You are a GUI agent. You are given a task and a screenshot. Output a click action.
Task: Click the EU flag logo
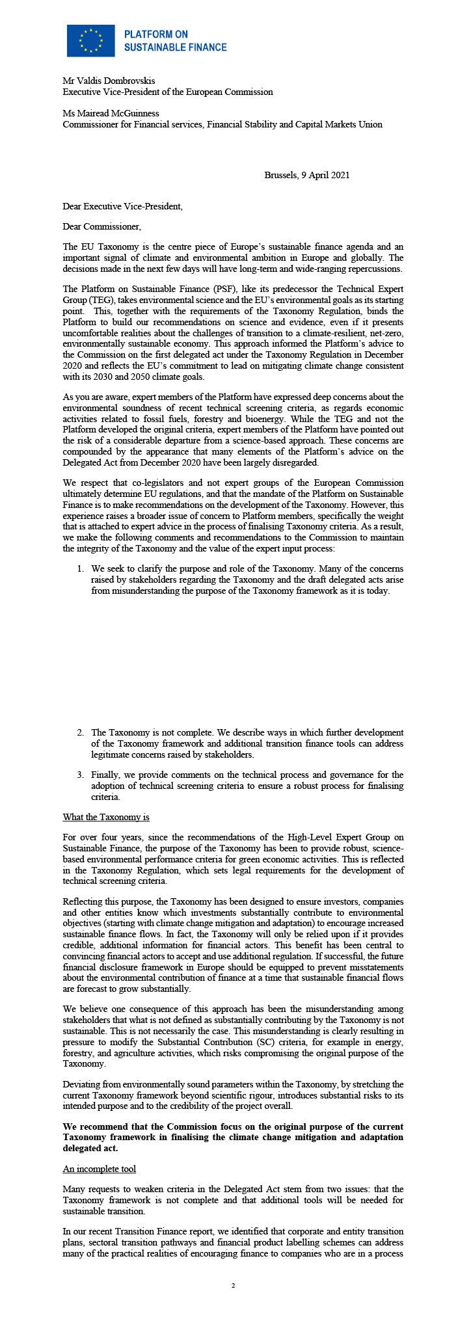click(x=90, y=40)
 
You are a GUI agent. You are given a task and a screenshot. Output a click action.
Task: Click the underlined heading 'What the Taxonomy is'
click(x=105, y=816)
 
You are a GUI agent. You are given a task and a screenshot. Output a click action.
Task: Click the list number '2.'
click(x=81, y=732)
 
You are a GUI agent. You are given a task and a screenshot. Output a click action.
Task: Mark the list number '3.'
click(x=81, y=775)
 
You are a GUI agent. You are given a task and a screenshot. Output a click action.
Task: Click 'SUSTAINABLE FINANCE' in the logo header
click(x=175, y=47)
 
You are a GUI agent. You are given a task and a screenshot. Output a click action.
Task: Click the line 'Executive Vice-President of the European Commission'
click(x=167, y=92)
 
